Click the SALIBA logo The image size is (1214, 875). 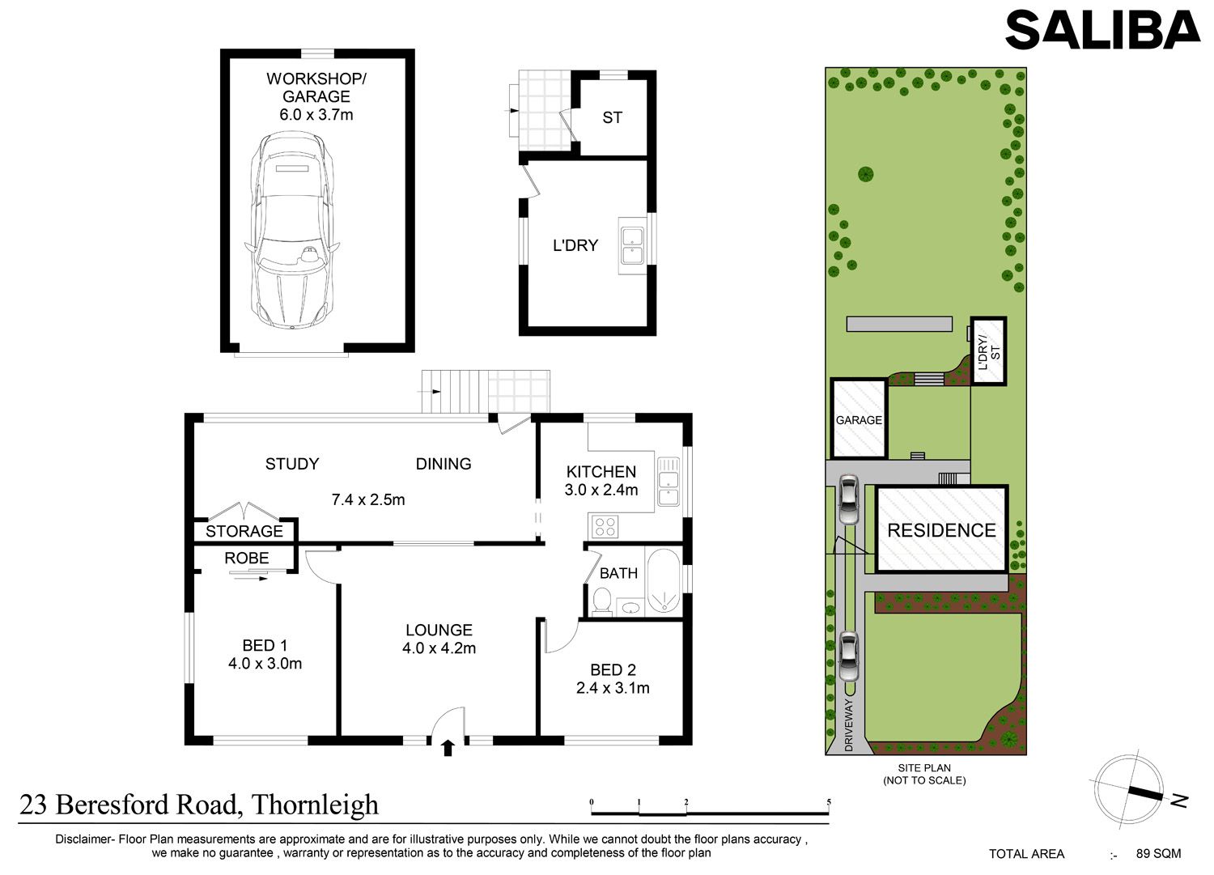point(1102,31)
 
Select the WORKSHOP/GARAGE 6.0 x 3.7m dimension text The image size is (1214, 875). point(316,114)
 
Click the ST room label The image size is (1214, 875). point(612,117)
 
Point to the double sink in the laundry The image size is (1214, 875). point(632,246)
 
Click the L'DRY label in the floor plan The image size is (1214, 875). point(575,245)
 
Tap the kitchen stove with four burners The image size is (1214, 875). point(605,526)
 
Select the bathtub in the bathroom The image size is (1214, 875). point(664,580)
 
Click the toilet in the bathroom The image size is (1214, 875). point(601,602)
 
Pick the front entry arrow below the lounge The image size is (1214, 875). point(448,748)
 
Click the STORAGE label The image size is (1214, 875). point(244,531)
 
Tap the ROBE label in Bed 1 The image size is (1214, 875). point(247,558)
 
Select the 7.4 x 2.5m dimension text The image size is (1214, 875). point(368,499)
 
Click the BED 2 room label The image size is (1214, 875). point(613,669)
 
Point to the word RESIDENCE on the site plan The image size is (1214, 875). point(941,530)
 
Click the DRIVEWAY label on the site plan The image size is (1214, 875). point(849,724)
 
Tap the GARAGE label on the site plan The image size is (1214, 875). point(859,420)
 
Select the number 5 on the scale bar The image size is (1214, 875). point(829,802)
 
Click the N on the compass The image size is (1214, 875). point(1180,801)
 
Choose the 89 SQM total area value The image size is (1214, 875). point(1159,853)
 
